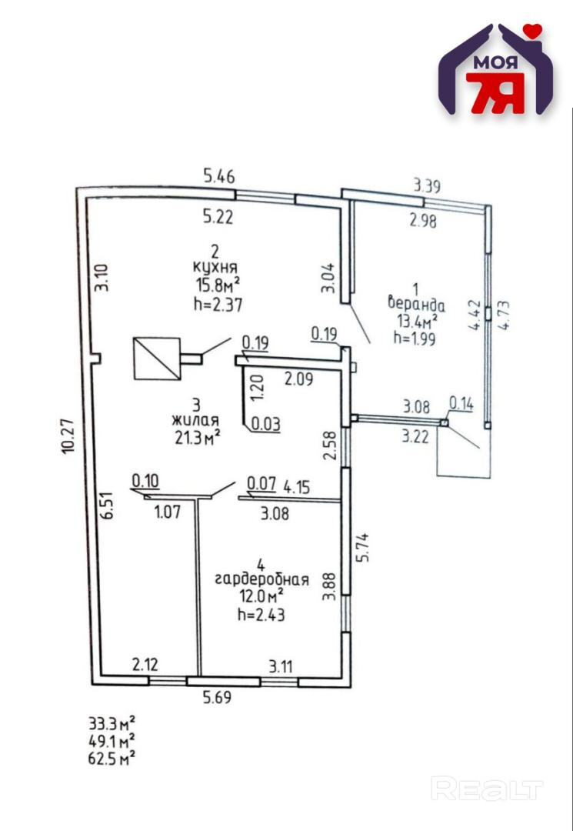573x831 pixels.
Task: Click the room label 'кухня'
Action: click(215, 269)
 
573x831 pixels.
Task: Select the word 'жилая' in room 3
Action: click(196, 420)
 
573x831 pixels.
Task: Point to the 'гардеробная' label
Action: click(262, 579)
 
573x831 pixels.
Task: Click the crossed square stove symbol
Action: click(157, 358)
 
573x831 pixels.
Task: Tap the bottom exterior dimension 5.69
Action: click(218, 699)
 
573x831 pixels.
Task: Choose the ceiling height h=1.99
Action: click(414, 337)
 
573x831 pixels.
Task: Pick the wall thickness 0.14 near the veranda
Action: click(461, 402)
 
